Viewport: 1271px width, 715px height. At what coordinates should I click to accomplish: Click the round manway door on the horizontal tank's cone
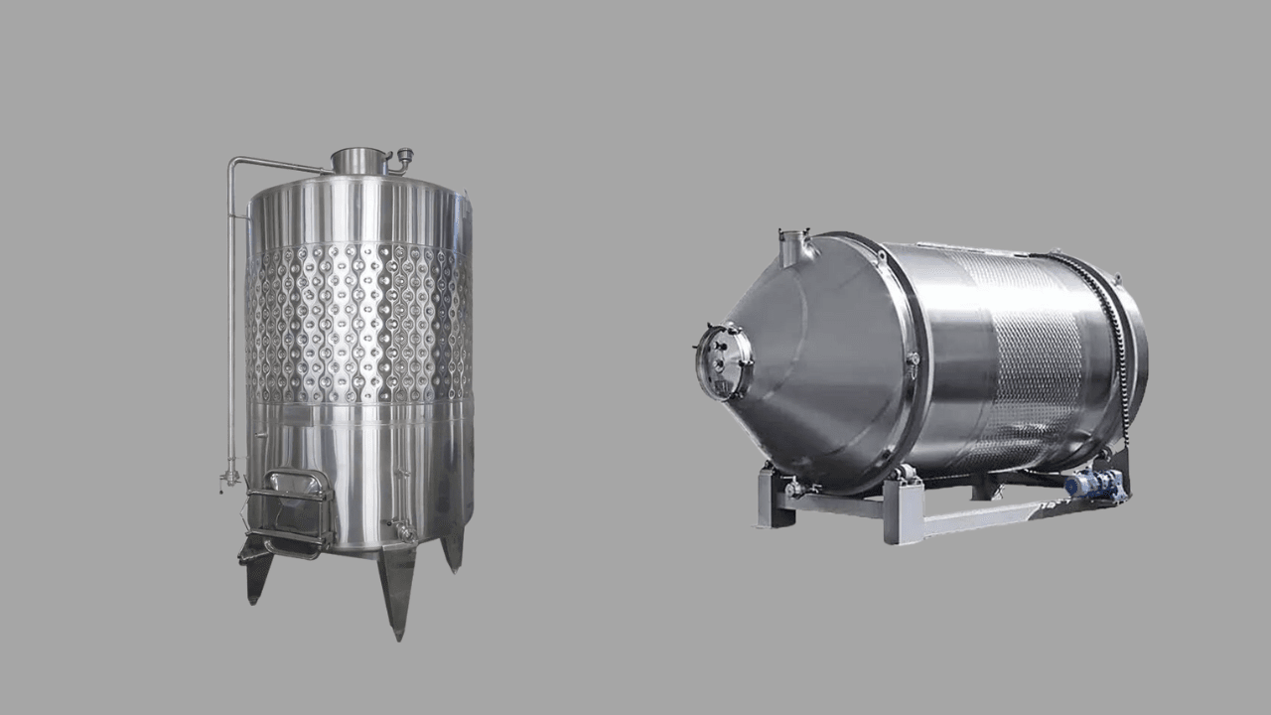pos(722,362)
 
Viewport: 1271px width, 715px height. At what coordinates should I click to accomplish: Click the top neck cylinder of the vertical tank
pos(358,161)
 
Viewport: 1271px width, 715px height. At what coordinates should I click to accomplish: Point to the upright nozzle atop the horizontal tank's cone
pos(793,248)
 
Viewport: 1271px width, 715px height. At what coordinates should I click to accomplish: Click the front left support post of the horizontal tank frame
pos(770,500)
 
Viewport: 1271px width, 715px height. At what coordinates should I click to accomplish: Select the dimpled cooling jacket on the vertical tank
pos(358,323)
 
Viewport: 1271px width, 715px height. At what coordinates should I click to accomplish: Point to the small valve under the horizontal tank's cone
pos(793,488)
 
